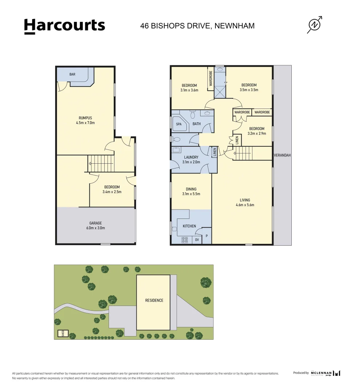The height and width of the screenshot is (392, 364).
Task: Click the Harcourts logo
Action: [x=64, y=26]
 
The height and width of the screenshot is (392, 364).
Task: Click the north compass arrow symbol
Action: [x=314, y=25]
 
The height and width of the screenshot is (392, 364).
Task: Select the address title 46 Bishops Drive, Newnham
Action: [x=197, y=26]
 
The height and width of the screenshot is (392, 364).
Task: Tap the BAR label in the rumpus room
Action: [x=72, y=74]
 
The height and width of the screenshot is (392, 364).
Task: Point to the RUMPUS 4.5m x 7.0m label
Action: [x=85, y=120]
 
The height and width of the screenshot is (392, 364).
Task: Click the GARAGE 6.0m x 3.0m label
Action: [x=96, y=225]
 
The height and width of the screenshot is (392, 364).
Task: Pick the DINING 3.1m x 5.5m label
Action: [x=191, y=191]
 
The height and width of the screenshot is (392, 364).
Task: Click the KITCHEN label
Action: [x=189, y=226]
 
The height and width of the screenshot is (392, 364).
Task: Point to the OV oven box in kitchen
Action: [x=197, y=240]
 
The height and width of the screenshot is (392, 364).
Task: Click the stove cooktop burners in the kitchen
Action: [x=185, y=240]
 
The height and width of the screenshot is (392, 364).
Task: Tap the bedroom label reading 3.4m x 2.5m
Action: [x=112, y=189]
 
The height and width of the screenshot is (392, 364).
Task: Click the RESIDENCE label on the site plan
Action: [x=154, y=301]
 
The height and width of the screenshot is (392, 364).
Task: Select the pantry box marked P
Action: [x=206, y=236]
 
